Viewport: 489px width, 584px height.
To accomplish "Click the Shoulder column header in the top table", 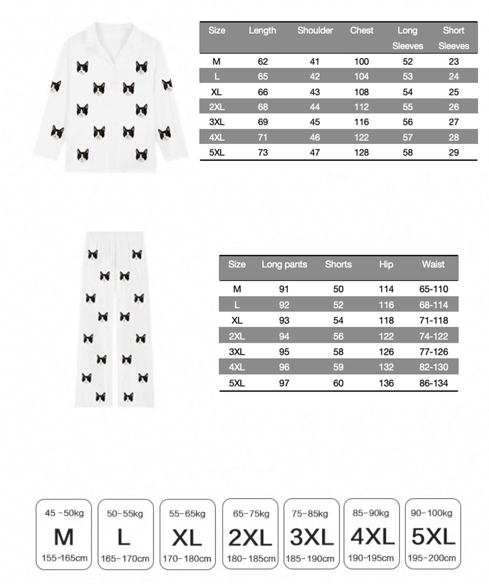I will [x=315, y=30].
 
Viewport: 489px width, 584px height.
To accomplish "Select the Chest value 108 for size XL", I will [x=361, y=92].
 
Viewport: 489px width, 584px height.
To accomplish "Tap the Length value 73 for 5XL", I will [x=263, y=152].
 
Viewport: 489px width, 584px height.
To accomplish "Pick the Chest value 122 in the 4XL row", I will [x=361, y=137].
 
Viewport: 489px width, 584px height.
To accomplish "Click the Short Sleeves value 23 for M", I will [x=453, y=61].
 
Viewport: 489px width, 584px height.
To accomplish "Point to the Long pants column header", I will [x=284, y=264].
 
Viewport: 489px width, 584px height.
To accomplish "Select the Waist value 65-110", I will [x=433, y=289].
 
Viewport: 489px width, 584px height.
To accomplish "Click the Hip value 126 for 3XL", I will [x=386, y=351].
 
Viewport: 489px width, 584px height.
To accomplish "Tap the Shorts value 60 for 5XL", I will [x=338, y=383].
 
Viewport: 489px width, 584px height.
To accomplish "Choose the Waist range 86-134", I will [x=433, y=383].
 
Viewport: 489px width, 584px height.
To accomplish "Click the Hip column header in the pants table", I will [x=386, y=264].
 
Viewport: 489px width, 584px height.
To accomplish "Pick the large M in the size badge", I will [x=64, y=537].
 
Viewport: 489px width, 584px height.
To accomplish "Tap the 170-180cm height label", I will [x=187, y=558].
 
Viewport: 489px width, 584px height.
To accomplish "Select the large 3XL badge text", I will [x=311, y=537].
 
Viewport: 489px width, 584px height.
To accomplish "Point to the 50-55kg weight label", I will [x=125, y=514].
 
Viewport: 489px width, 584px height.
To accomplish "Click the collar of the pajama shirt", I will [x=111, y=37].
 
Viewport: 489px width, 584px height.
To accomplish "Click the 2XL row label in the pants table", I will [x=237, y=336].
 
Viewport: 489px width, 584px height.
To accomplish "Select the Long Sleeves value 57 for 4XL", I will [x=408, y=137].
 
